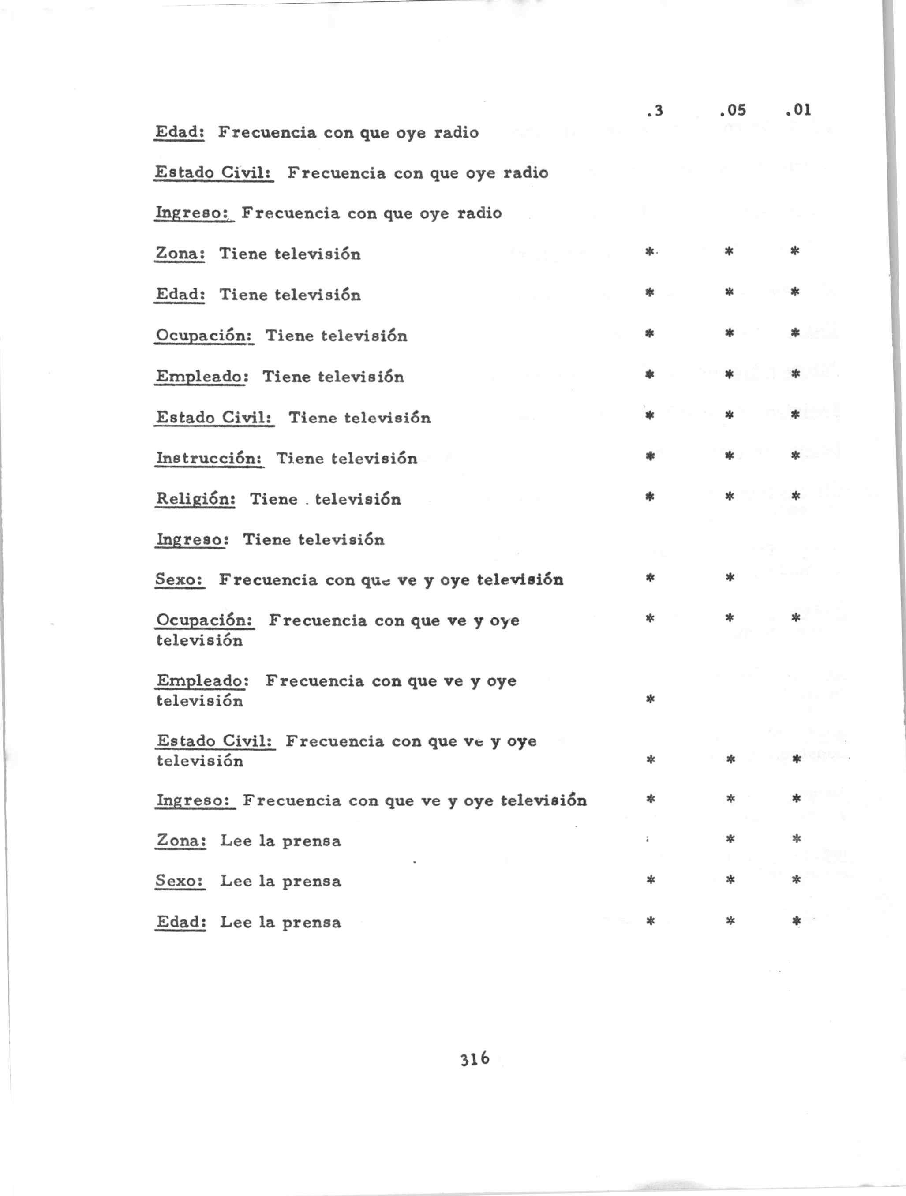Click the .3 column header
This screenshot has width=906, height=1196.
coord(655,111)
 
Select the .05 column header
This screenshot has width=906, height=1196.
coord(733,110)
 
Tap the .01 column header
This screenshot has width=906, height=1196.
coord(798,110)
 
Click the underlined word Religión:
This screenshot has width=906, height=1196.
coord(195,498)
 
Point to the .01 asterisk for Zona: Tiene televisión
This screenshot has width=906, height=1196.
coord(794,251)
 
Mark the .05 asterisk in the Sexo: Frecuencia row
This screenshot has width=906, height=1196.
coord(730,577)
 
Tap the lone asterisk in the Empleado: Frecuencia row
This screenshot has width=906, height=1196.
coord(651,699)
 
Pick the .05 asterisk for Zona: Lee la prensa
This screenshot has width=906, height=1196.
coord(730,840)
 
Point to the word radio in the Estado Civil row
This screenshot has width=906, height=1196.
coord(526,173)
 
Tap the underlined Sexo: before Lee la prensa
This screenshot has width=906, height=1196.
coord(180,881)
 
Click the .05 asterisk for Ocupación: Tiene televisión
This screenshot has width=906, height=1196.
coord(729,333)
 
